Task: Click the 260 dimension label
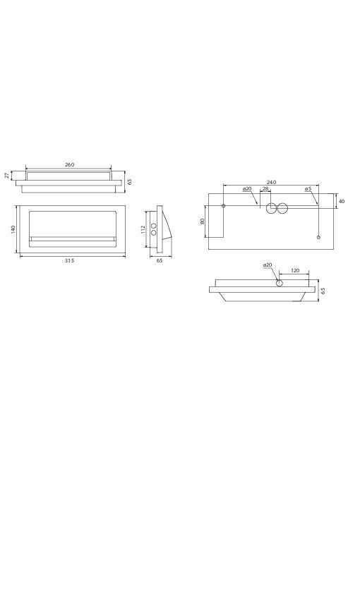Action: tap(69, 164)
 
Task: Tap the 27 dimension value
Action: tap(6, 176)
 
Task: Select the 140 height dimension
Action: tap(13, 229)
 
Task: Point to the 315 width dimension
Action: tap(69, 260)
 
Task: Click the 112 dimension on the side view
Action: tap(143, 229)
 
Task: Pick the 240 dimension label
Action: tap(271, 182)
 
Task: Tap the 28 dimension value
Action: tap(265, 188)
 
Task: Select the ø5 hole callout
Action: tap(308, 188)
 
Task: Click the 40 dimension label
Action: tap(342, 201)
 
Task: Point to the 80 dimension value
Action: tap(203, 222)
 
